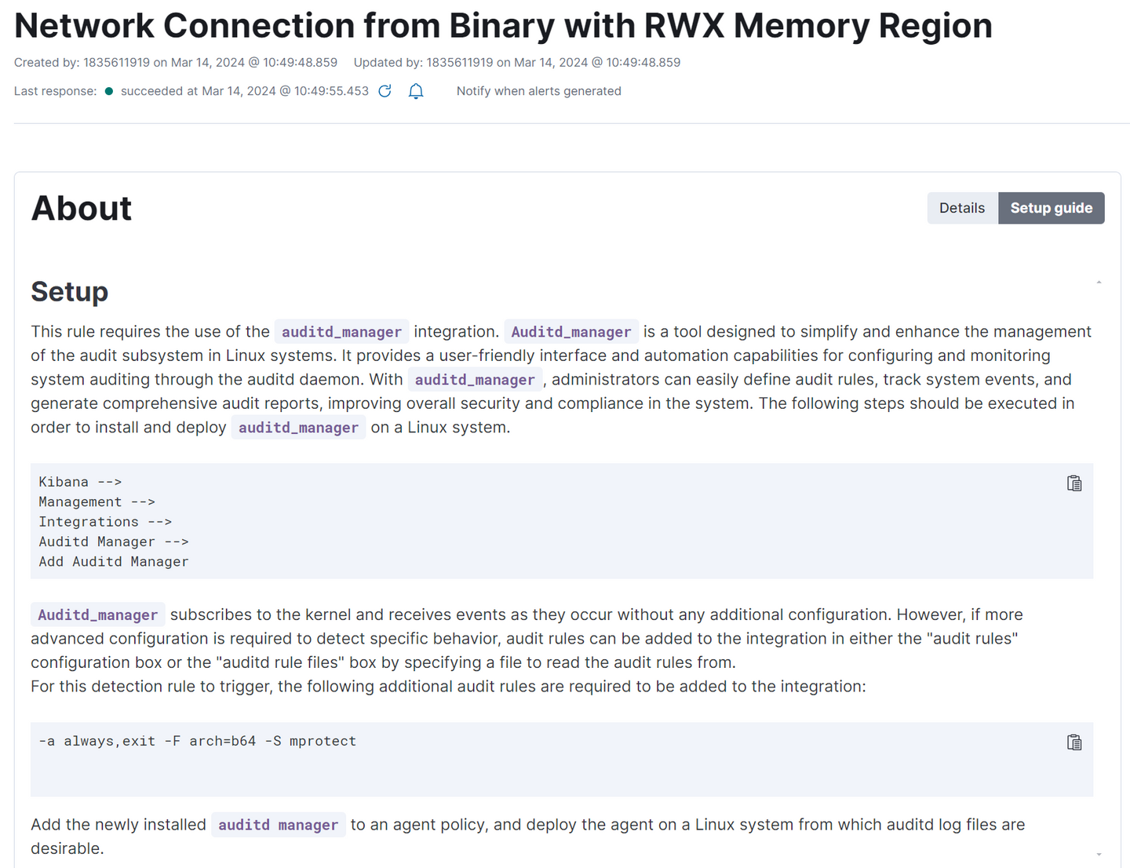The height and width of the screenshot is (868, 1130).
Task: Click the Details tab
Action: (x=961, y=208)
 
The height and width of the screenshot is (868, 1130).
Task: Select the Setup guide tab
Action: (x=1051, y=208)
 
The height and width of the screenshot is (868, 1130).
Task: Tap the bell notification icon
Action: (x=415, y=91)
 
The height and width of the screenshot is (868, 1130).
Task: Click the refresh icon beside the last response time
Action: (x=385, y=91)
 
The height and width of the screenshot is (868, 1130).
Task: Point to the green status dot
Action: (x=108, y=91)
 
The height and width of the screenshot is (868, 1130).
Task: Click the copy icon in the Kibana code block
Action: (x=1073, y=483)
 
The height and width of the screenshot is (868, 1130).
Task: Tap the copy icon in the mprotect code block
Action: (x=1073, y=742)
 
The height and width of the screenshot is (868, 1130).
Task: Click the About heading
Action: (x=81, y=208)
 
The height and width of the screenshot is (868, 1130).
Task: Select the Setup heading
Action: (x=69, y=291)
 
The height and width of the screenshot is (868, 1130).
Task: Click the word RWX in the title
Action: (x=683, y=25)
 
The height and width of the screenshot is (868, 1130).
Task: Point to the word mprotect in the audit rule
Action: (x=323, y=741)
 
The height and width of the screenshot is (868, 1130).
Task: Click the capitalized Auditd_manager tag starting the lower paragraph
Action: (x=98, y=615)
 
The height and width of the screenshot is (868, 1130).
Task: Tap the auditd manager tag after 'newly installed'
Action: (x=279, y=825)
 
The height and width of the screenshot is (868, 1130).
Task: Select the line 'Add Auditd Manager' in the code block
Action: (x=113, y=562)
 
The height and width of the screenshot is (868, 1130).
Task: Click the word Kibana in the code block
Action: (x=64, y=482)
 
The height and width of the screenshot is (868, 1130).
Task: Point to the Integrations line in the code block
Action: (x=105, y=522)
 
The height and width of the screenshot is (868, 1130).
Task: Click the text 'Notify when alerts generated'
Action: (x=539, y=91)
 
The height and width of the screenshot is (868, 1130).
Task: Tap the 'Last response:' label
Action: (x=55, y=91)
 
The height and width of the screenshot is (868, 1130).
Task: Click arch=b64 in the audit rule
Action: (x=223, y=741)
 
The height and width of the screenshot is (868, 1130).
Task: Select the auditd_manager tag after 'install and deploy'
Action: (x=298, y=428)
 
